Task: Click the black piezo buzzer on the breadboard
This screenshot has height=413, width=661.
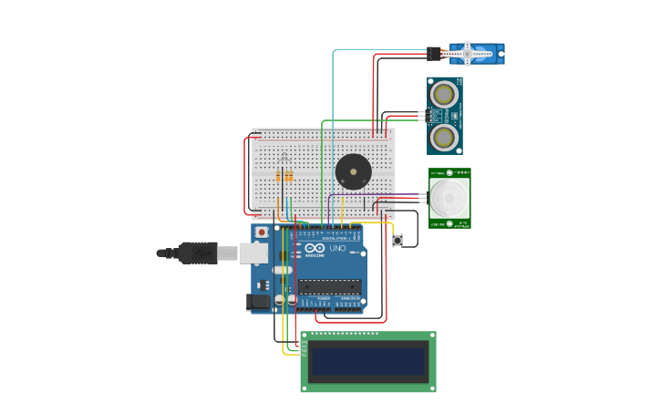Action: (x=353, y=171)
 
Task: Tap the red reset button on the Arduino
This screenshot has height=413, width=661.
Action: (x=263, y=232)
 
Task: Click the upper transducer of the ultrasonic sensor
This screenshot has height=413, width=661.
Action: (x=444, y=94)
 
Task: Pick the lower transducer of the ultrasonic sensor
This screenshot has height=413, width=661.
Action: (x=444, y=137)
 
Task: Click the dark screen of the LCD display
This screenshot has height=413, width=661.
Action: (x=368, y=362)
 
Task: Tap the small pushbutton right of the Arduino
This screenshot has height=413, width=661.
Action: (x=398, y=241)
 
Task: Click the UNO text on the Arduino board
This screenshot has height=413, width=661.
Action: (x=336, y=249)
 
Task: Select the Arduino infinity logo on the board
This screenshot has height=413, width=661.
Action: (x=315, y=249)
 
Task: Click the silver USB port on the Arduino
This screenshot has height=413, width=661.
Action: (x=253, y=253)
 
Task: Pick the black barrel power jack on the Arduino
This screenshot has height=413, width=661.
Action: (x=258, y=301)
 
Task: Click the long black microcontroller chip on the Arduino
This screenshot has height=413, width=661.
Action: (x=329, y=287)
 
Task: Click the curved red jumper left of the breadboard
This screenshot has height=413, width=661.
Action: (x=245, y=173)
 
